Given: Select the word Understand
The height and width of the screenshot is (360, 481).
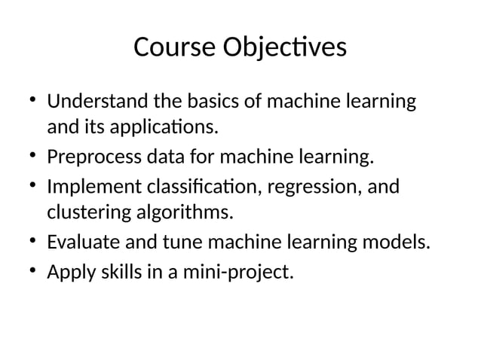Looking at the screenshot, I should tap(99, 101).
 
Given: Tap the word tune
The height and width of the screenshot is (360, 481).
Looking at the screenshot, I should tap(179, 243).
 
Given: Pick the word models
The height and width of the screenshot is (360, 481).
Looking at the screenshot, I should tap(403, 243).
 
